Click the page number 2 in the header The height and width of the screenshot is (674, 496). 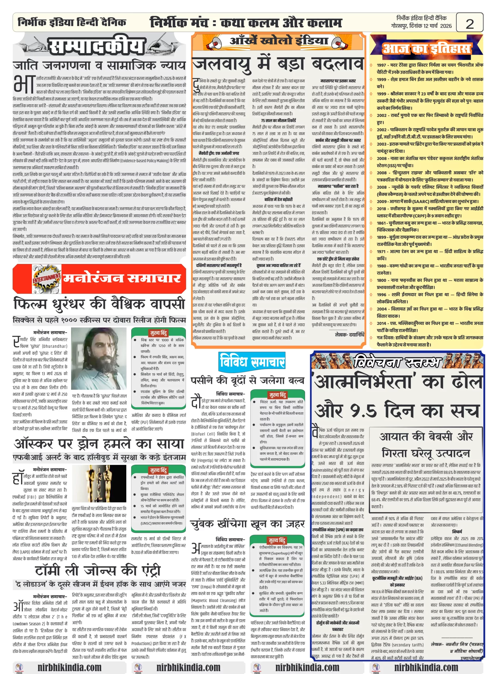click(x=469, y=24)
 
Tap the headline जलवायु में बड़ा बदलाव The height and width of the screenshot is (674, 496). click(x=278, y=64)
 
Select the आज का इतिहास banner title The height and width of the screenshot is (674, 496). click(x=426, y=49)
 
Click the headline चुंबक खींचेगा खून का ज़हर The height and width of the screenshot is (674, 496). click(x=247, y=524)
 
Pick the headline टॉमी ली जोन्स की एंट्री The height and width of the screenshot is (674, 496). click(x=98, y=571)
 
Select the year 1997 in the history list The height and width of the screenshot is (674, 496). click(x=381, y=65)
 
